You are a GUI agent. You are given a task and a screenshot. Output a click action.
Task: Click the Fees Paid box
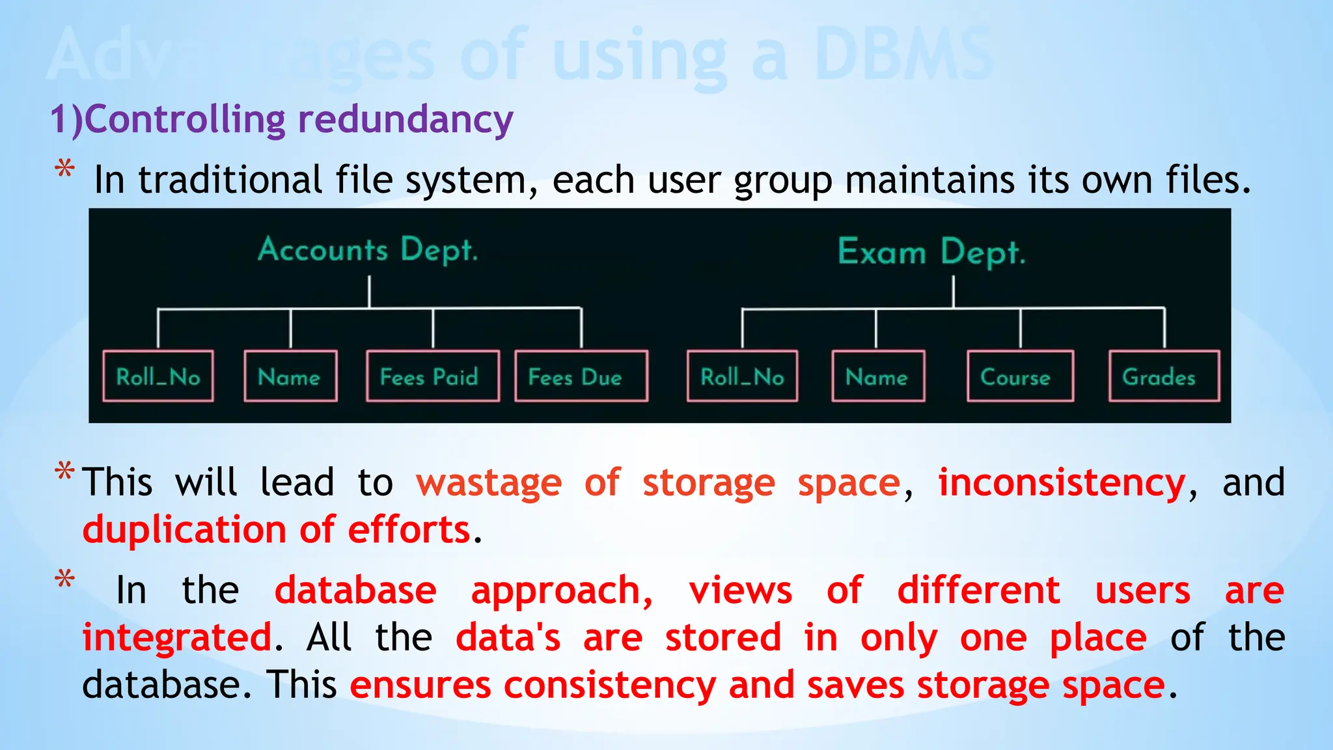pyautogui.click(x=432, y=376)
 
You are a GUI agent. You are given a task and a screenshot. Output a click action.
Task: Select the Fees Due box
pyautogui.click(x=581, y=376)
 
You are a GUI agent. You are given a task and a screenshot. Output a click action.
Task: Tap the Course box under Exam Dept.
pyautogui.click(x=1020, y=376)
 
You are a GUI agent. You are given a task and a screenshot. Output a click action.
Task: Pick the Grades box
pyautogui.click(x=1164, y=376)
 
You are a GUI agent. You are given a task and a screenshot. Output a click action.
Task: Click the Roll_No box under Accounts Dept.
pyautogui.click(x=158, y=376)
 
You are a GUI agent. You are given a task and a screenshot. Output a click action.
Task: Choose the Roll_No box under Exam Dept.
pyautogui.click(x=742, y=376)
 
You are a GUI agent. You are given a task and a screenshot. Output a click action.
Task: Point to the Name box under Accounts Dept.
pyautogui.click(x=290, y=376)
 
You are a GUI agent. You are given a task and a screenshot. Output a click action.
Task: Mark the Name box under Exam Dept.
pyautogui.click(x=877, y=376)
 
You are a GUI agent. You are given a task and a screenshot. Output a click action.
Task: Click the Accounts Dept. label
pyautogui.click(x=368, y=250)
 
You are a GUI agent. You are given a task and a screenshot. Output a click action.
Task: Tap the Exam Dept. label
pyautogui.click(x=931, y=253)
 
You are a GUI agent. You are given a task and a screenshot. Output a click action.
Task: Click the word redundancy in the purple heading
pyautogui.click(x=405, y=120)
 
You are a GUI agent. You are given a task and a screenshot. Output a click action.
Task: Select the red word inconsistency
pyautogui.click(x=1062, y=483)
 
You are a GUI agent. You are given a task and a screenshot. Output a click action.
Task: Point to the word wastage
pyautogui.click(x=489, y=483)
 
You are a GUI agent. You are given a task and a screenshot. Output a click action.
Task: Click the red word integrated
pyautogui.click(x=177, y=637)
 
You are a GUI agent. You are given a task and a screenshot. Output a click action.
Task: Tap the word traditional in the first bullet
pyautogui.click(x=230, y=180)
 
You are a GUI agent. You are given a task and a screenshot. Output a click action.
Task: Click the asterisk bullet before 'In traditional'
pyautogui.click(x=64, y=170)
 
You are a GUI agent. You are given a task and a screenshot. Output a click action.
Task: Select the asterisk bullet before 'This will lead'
pyautogui.click(x=64, y=472)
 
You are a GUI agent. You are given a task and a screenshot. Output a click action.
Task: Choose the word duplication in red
pyautogui.click(x=184, y=529)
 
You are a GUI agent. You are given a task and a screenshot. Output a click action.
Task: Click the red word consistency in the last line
pyautogui.click(x=610, y=686)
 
